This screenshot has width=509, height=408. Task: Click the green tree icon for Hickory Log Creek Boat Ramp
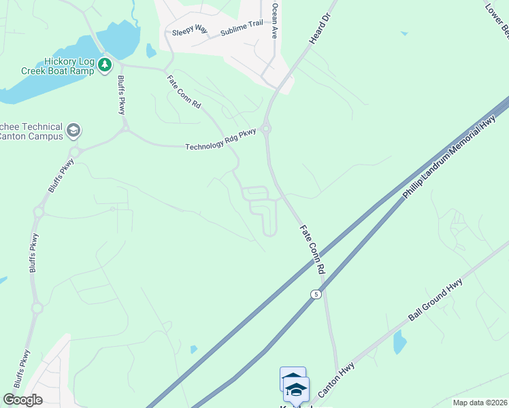(x=104, y=65)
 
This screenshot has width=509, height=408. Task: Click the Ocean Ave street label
(x=275, y=20)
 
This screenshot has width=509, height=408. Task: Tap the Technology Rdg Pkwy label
(x=221, y=139)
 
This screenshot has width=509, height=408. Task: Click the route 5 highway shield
(x=316, y=294)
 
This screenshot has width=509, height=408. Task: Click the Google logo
(x=22, y=400)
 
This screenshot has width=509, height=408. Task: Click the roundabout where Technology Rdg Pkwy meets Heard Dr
(x=266, y=127)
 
